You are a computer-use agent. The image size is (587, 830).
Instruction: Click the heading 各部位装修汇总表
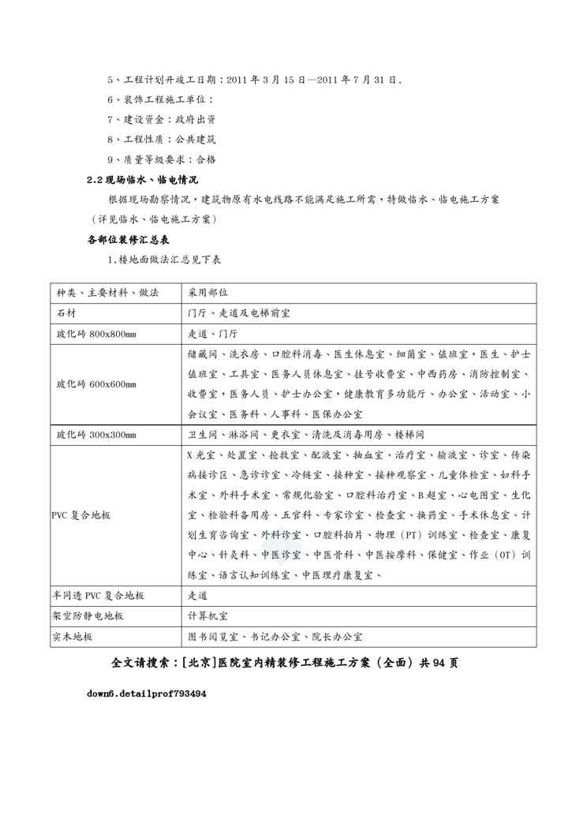coord(128,239)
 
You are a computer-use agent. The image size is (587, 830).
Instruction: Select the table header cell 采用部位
coord(208,293)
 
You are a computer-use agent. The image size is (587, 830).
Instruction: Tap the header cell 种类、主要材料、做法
coord(107,293)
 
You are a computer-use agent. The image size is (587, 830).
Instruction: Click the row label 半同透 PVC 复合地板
coord(100,596)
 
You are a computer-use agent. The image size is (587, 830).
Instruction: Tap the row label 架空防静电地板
coord(89,616)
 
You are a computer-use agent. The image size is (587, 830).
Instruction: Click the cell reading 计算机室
coord(209,616)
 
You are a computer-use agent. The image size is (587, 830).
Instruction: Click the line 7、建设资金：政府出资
coord(161,120)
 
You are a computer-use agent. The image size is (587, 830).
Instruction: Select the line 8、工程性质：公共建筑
coord(161,140)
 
